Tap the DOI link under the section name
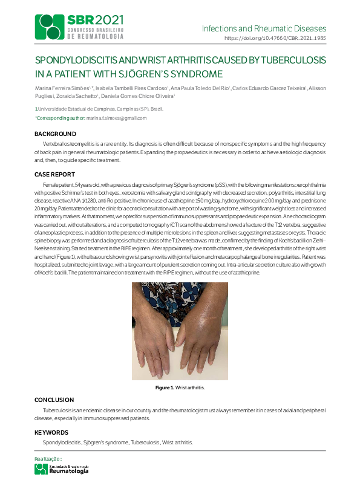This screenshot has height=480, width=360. click(275, 37)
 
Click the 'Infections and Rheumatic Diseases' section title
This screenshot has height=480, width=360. click(264, 28)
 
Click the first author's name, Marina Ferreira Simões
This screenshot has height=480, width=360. click(62, 88)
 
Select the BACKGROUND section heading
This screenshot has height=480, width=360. click(55, 133)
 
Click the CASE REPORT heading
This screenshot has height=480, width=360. click(54, 174)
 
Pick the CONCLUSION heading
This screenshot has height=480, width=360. click(54, 400)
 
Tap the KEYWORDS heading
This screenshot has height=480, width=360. click(51, 432)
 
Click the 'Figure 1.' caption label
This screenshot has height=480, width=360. click(165, 387)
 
